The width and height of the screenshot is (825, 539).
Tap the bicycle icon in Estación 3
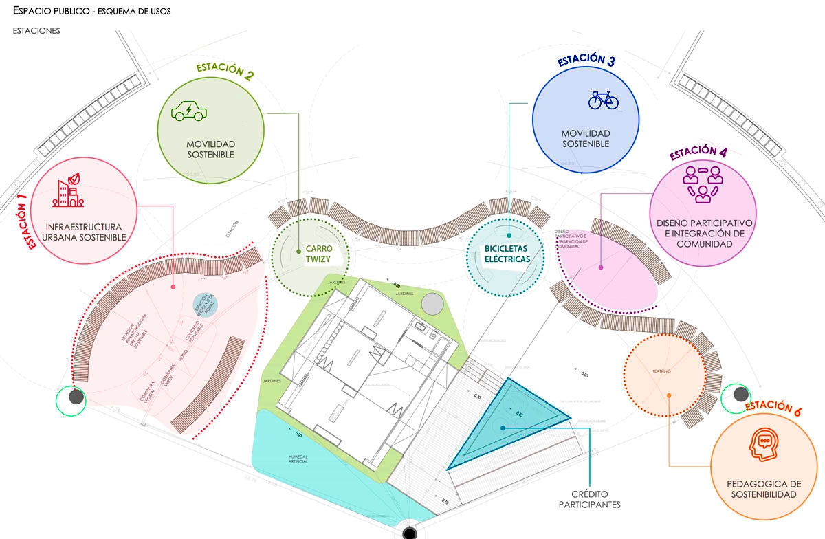tap(604, 100)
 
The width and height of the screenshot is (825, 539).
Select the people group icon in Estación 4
tap(702, 184)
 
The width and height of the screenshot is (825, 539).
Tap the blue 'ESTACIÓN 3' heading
tap(586, 60)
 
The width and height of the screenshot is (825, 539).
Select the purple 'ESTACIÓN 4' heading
tap(698, 153)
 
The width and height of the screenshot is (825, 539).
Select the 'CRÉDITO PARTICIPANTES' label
tap(595, 499)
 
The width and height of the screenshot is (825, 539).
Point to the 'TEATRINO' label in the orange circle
tap(661, 371)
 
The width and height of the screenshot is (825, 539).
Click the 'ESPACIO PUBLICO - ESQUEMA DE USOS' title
tap(92, 12)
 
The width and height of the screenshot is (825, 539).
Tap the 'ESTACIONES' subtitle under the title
tap(36, 31)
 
